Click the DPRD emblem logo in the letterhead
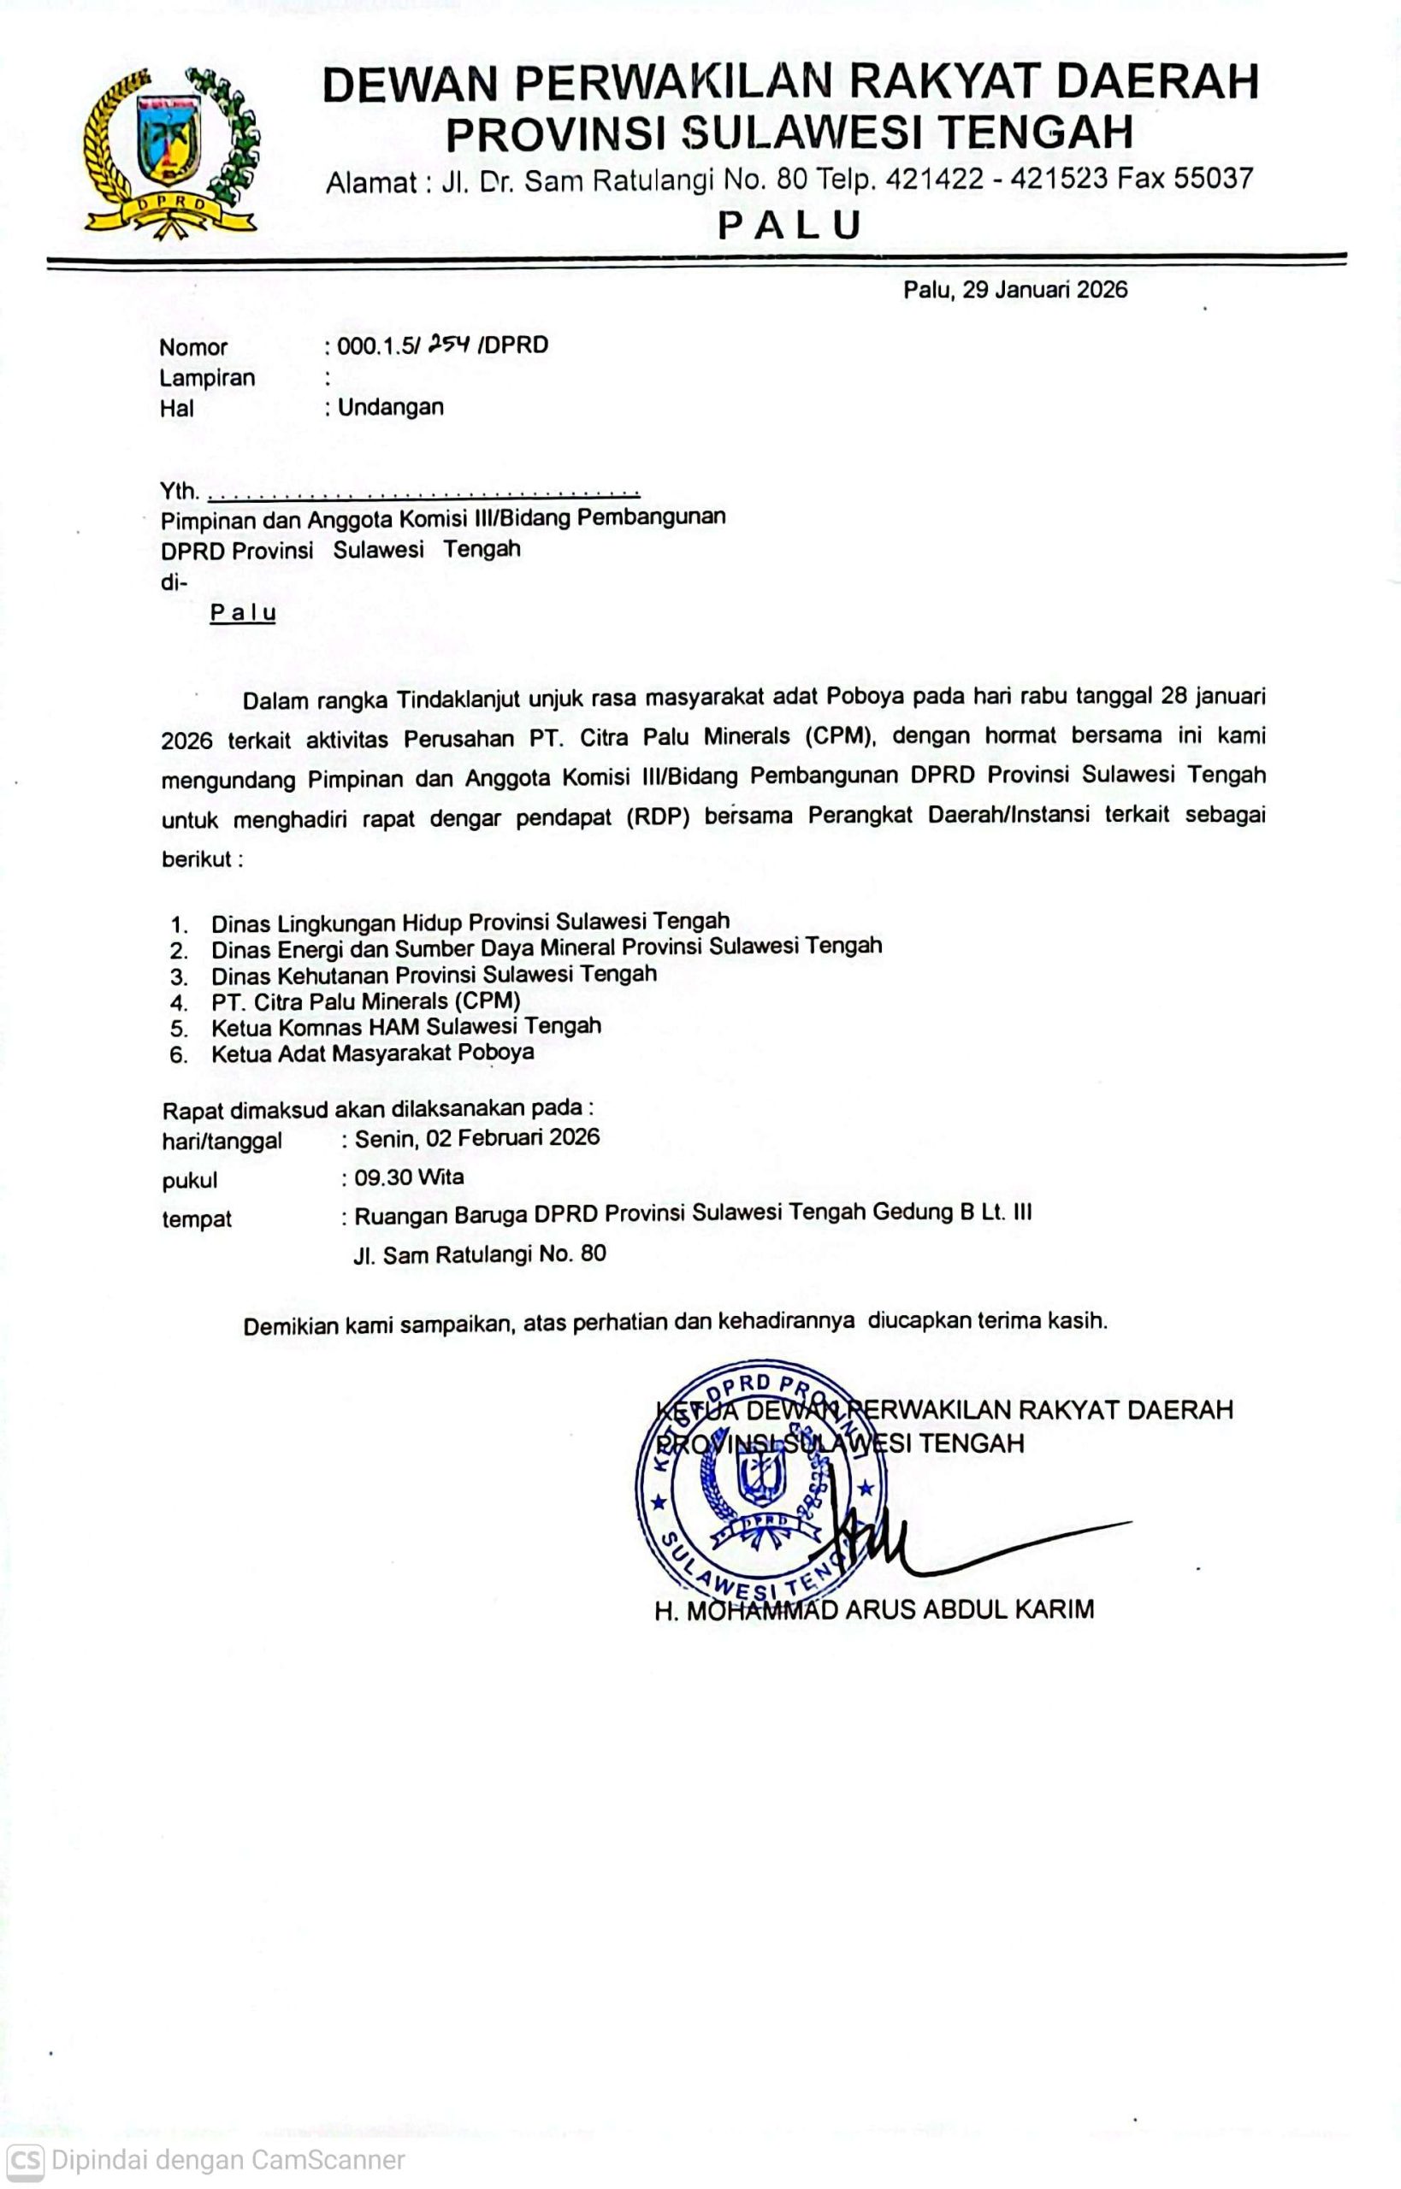pos(170,152)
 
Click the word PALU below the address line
pos(789,225)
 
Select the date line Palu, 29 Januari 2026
pos(1014,290)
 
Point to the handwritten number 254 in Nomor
pos(448,344)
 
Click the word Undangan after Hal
pos(390,407)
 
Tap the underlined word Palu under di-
pos(243,613)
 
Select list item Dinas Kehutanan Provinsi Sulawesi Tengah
pos(433,975)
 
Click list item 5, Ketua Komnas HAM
pos(405,1027)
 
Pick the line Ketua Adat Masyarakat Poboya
pos(372,1053)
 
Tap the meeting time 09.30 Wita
pos(410,1177)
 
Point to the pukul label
pos(189,1181)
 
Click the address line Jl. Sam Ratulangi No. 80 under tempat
pos(480,1255)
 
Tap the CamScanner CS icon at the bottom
pos(25,2160)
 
